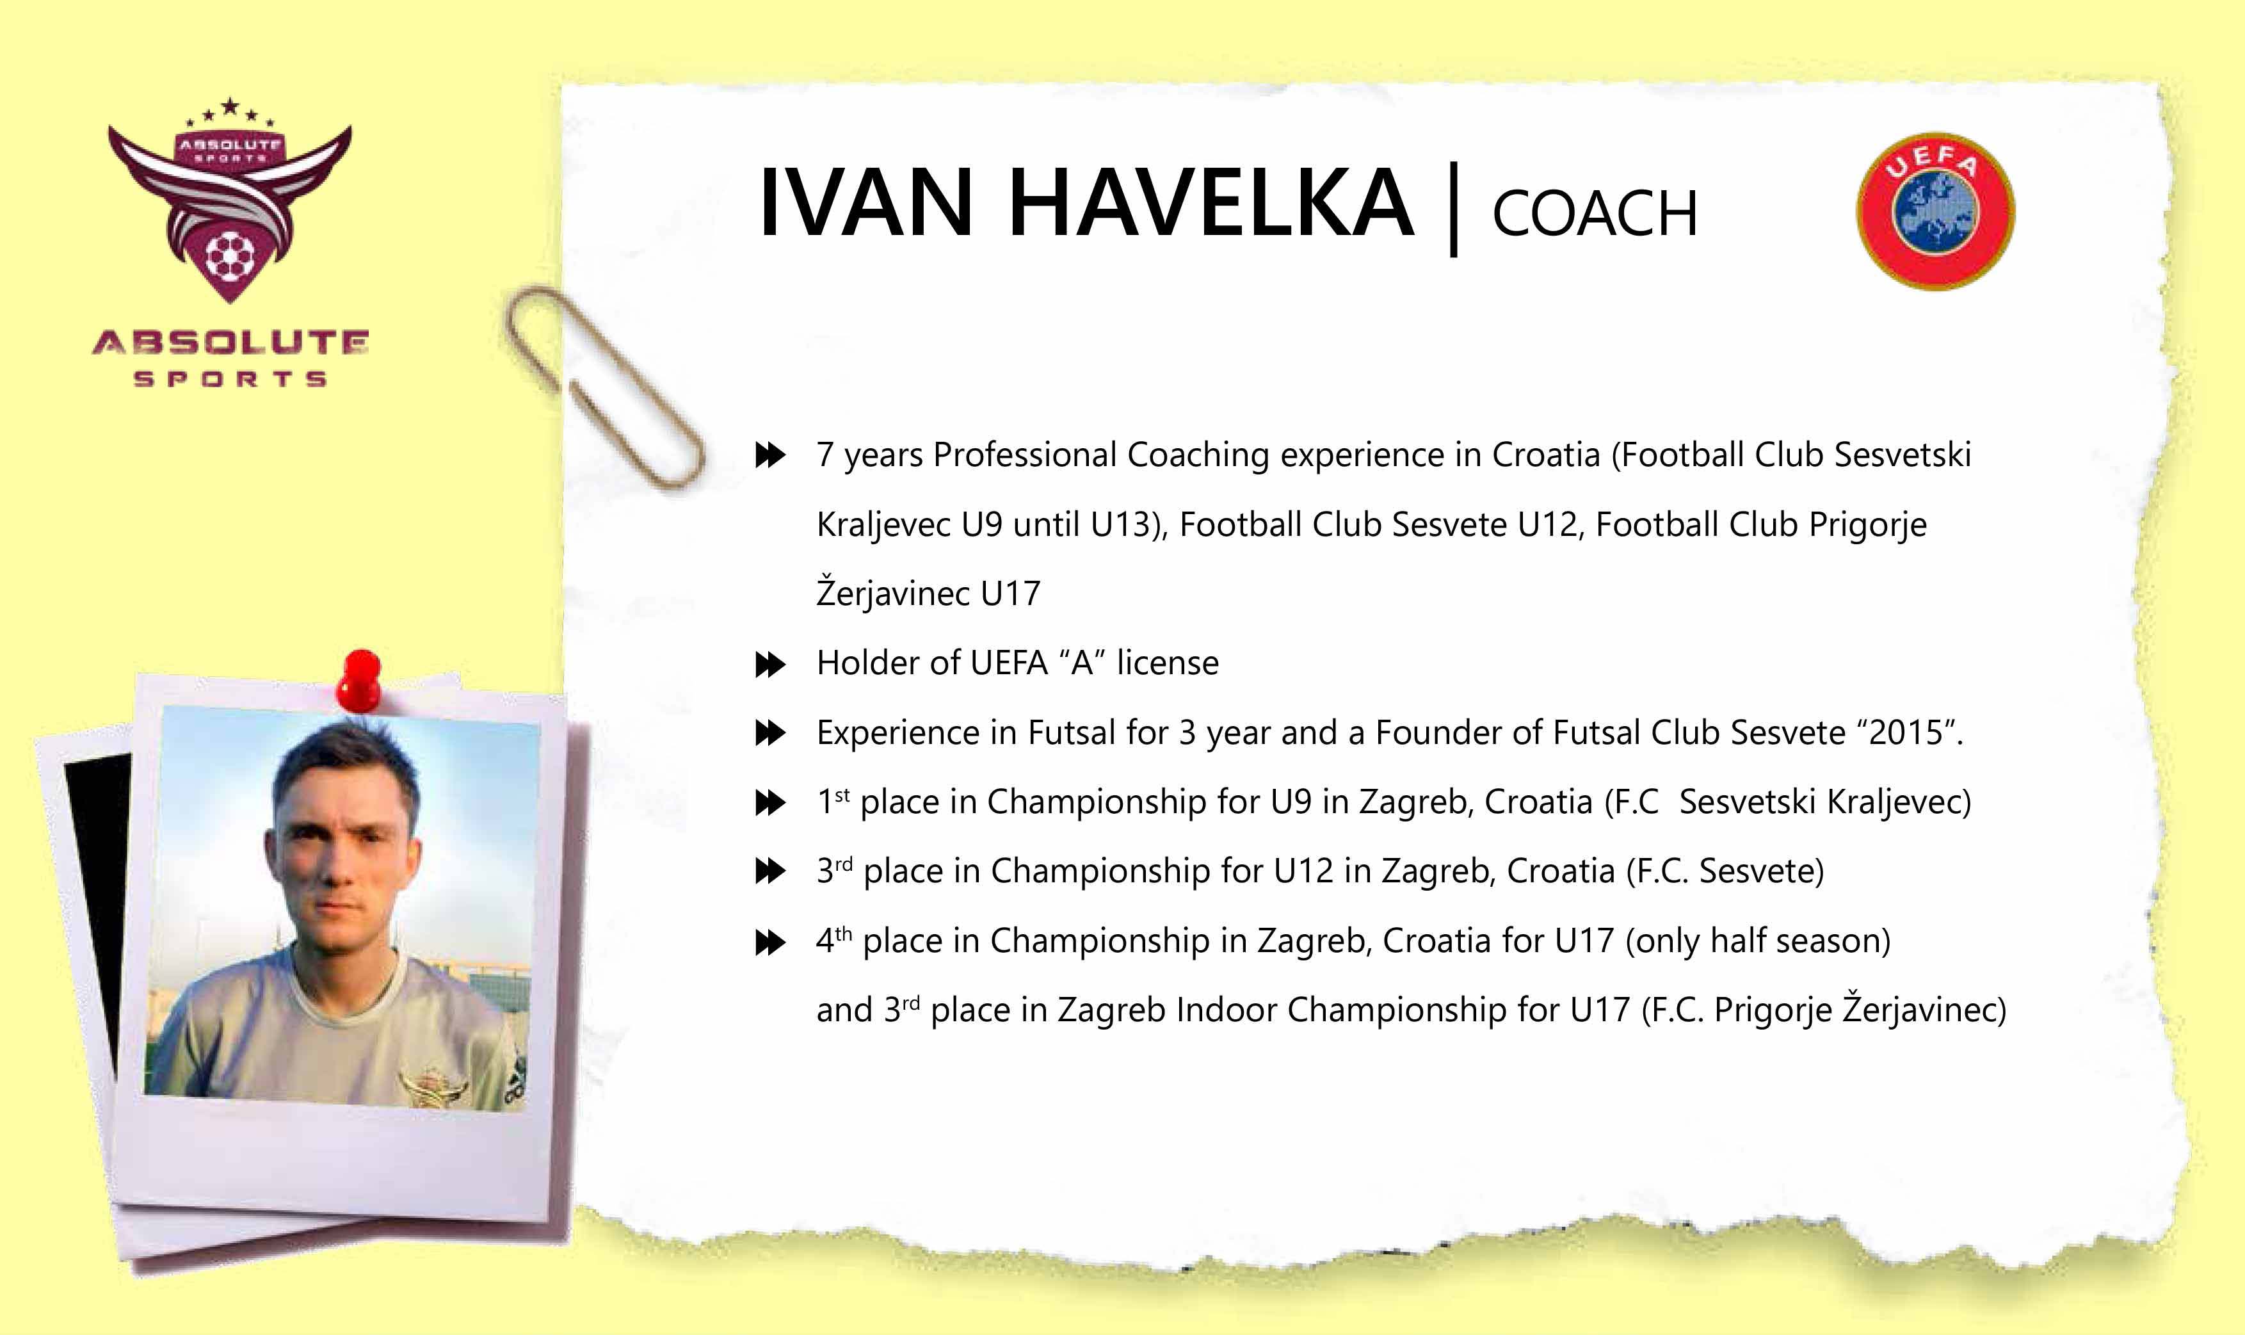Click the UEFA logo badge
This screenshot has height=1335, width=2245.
[x=1936, y=211]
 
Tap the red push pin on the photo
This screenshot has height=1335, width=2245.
[x=359, y=680]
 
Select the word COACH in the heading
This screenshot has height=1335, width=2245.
[x=1595, y=214]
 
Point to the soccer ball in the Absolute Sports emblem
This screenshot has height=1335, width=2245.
[x=230, y=256]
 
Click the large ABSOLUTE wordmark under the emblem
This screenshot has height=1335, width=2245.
[x=230, y=343]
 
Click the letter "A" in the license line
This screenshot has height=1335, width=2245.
[x=1082, y=663]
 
